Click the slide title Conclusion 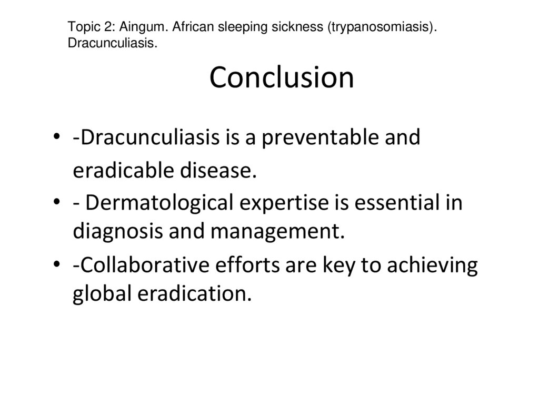tap(282, 78)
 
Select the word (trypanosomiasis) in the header tap(383, 27)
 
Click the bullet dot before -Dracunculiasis tap(57, 139)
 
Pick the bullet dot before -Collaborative tap(57, 267)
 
